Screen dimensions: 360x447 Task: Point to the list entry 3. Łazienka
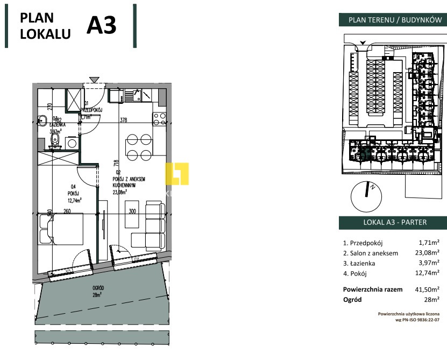point(359,263)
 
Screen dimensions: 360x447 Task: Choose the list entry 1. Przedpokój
point(363,243)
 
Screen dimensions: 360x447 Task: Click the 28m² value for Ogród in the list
point(432,299)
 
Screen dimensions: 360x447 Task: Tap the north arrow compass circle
point(366,196)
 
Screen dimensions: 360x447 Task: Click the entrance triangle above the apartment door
point(95,80)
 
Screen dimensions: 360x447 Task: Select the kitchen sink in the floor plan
point(132,96)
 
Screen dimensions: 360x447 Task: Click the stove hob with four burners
point(160,118)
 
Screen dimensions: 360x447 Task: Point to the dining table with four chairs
point(138,147)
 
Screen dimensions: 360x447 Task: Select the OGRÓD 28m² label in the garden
point(97,291)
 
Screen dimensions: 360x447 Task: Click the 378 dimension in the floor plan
point(124,120)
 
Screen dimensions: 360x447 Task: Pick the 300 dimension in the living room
point(132,211)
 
